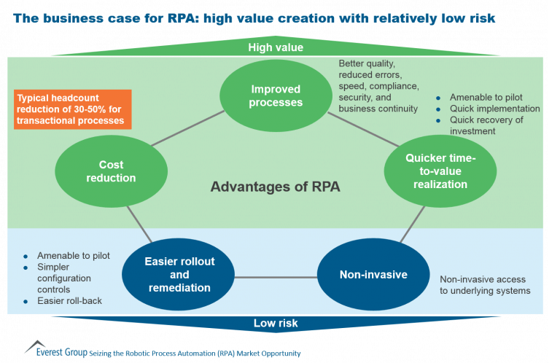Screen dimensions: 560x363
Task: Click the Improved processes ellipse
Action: tap(276, 95)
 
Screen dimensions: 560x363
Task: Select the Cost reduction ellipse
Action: tap(111, 171)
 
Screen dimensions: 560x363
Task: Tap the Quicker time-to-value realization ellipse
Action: tap(440, 171)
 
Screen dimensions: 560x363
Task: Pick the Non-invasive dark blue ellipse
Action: tap(373, 275)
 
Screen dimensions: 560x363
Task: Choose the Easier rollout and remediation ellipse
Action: tap(178, 275)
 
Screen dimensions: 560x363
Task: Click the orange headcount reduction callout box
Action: tap(73, 109)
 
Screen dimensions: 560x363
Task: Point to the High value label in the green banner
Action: tap(276, 47)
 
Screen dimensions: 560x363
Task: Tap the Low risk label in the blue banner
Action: tap(276, 323)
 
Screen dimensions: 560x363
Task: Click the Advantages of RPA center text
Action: tap(275, 187)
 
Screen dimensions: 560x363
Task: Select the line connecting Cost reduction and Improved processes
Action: tap(188, 128)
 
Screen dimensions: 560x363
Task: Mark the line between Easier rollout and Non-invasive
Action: tap(276, 277)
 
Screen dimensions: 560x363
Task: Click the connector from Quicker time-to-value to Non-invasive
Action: tap(413, 225)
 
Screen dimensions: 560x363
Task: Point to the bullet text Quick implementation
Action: tap(494, 109)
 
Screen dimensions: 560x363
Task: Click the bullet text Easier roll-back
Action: tap(70, 301)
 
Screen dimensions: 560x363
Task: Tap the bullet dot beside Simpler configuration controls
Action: tap(26, 268)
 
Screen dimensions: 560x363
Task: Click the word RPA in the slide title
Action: tap(182, 18)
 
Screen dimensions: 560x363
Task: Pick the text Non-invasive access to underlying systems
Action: tap(485, 285)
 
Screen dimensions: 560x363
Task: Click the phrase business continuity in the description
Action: tap(378, 109)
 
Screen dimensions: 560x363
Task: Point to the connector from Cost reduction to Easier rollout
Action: tap(140, 225)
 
